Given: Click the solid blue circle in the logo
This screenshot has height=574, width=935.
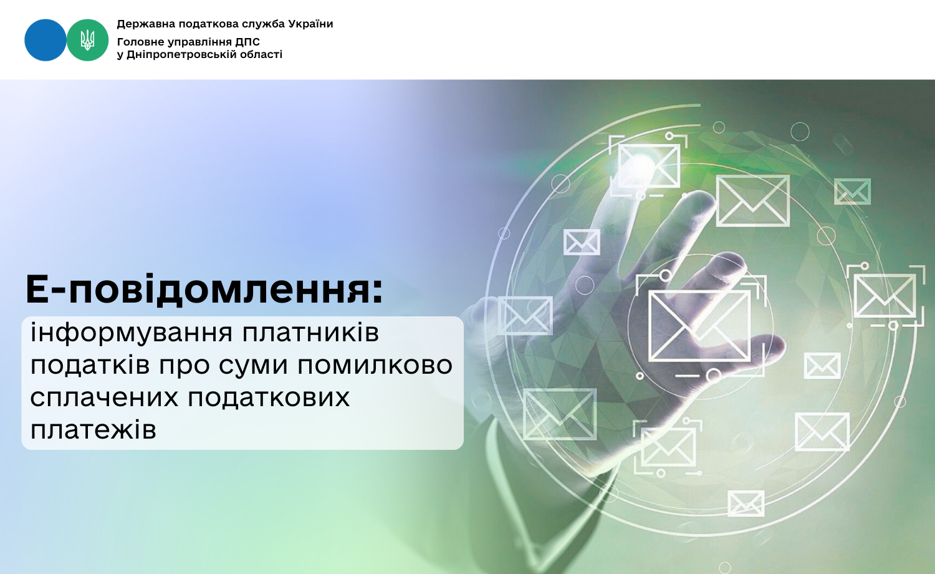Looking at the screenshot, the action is (x=46, y=40).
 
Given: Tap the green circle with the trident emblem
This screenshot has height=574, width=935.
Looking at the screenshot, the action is (x=88, y=40).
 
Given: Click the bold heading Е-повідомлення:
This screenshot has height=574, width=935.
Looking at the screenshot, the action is (x=204, y=289).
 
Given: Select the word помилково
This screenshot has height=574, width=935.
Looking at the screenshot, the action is (x=375, y=365).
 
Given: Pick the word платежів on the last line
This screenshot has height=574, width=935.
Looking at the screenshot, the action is (x=93, y=429).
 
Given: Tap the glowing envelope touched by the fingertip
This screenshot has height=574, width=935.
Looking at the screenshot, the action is (x=648, y=166).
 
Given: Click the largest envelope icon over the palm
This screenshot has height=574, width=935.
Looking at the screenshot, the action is (x=699, y=326).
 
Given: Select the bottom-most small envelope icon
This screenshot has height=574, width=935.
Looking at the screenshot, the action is (x=746, y=503).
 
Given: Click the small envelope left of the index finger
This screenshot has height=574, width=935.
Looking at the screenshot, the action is (x=582, y=242).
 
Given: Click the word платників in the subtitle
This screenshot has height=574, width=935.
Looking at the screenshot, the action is (x=310, y=333).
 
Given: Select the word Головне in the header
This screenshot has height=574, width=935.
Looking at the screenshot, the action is (x=137, y=42).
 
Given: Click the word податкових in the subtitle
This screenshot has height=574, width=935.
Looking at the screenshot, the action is (x=269, y=397).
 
